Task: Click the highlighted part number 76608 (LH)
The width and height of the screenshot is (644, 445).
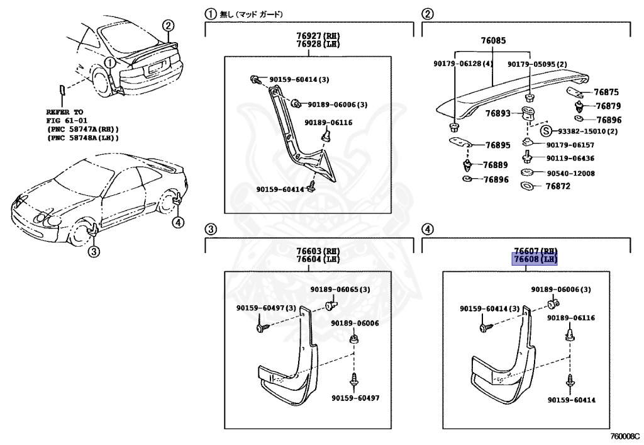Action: (535, 259)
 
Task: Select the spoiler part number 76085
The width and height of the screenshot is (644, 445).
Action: (492, 41)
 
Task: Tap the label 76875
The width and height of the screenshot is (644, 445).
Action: (608, 92)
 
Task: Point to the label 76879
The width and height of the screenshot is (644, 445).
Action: (608, 106)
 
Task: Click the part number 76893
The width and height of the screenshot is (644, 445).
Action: (497, 114)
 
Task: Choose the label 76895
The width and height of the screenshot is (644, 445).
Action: (497, 145)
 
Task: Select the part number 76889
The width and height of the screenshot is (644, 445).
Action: (495, 165)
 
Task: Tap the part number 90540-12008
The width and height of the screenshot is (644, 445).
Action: (570, 173)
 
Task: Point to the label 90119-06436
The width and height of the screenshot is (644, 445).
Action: (570, 159)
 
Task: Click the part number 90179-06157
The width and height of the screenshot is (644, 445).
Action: (570, 145)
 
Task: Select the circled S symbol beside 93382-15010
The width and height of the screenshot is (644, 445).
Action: (547, 131)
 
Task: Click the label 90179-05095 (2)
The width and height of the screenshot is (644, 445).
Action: (537, 64)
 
